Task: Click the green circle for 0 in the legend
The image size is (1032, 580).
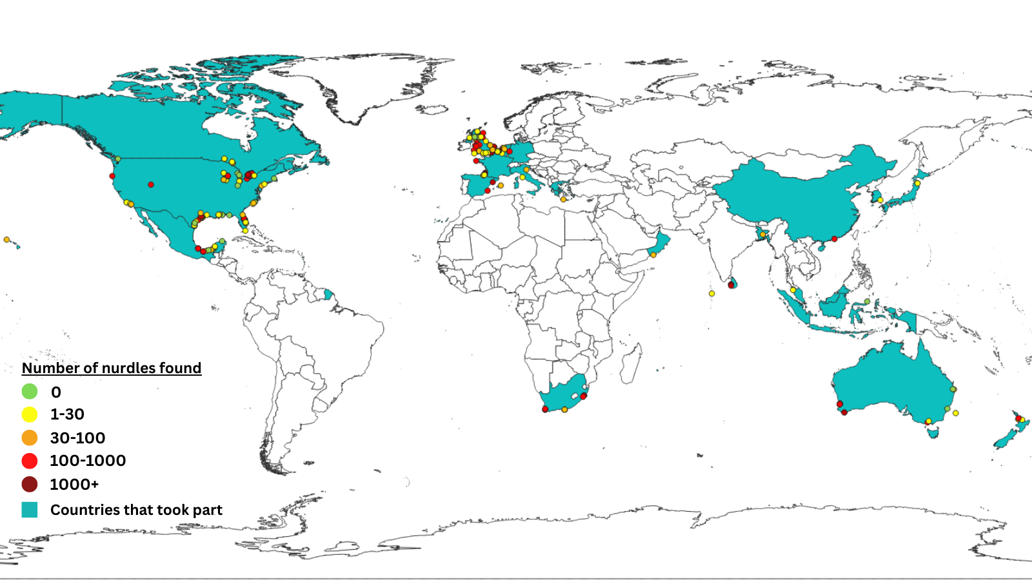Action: [x=30, y=391]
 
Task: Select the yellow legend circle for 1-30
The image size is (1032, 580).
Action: [x=30, y=414]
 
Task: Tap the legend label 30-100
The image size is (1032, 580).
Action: [x=77, y=438]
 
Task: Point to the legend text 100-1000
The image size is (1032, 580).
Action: [x=88, y=461]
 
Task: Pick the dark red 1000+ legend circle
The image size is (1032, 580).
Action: [x=30, y=484]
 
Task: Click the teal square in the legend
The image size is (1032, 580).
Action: [x=30, y=510]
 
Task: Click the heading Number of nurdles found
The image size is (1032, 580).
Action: [x=112, y=368]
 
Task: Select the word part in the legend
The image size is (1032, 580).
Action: [x=207, y=510]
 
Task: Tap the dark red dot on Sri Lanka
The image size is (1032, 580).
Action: [x=731, y=285]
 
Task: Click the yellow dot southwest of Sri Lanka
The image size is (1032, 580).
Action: [x=712, y=294]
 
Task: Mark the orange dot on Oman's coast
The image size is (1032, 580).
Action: [x=653, y=255]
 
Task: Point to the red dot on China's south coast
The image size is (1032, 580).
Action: [x=835, y=239]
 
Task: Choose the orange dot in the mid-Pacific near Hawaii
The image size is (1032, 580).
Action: [x=6, y=240]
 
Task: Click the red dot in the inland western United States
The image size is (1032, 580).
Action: [x=151, y=185]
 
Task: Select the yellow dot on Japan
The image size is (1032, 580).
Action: [x=917, y=184]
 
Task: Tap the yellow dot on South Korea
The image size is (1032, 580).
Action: [x=880, y=200]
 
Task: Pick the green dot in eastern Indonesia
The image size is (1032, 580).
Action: [x=867, y=302]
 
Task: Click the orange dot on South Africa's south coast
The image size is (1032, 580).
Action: [x=564, y=410]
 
